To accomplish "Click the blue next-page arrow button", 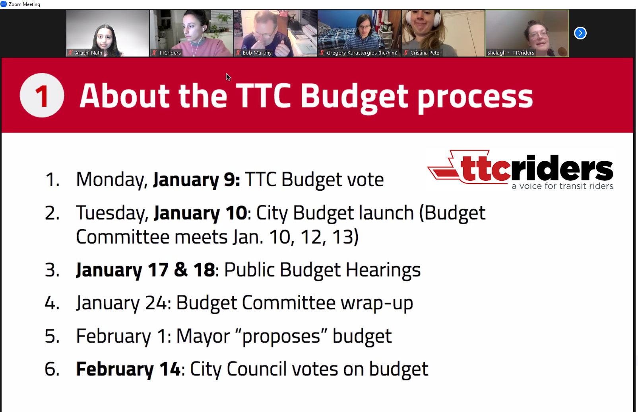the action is (580, 33).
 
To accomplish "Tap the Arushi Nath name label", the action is (88, 53).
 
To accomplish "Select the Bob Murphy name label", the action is (257, 53).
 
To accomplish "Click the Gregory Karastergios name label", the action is (362, 53).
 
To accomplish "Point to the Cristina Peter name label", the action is (425, 53).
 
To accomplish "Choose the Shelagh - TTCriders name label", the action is (510, 53).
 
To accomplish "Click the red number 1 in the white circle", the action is (42, 97).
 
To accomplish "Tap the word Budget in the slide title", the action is (354, 97).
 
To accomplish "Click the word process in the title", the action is (475, 98).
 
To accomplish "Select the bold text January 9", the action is (196, 180).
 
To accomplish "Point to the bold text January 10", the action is (200, 213).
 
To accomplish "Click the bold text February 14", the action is (128, 369).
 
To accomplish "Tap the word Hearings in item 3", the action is (383, 270).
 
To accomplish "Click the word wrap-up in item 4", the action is (377, 303).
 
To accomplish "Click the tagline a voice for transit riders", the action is (562, 186).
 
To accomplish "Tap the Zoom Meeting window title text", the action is (24, 4).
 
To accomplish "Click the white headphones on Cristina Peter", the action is (423, 17).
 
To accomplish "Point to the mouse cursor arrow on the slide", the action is (228, 77).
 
